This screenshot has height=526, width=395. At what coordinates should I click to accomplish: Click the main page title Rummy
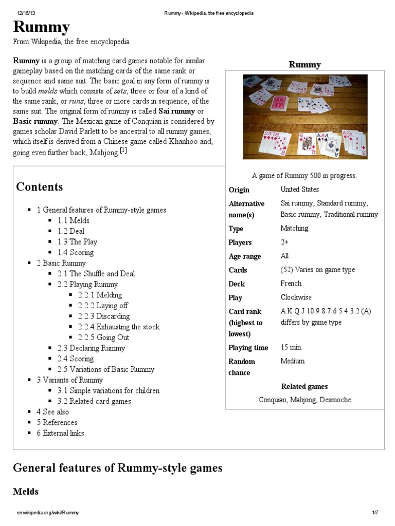[x=41, y=27]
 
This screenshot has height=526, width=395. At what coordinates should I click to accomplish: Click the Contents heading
[x=40, y=187]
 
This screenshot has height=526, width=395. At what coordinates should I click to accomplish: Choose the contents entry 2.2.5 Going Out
[x=103, y=337]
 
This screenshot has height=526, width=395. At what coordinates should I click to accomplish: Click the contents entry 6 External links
[x=60, y=433]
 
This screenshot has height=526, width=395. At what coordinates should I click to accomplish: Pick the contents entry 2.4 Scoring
[x=76, y=359]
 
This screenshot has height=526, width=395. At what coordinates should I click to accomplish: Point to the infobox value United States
[x=299, y=189]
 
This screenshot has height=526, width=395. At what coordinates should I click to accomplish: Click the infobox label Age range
[x=244, y=256]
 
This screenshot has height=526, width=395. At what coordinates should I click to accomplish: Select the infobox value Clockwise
[x=296, y=297]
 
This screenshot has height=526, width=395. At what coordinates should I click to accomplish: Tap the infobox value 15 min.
[x=292, y=347]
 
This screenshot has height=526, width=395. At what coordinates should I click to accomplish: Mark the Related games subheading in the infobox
[x=304, y=386]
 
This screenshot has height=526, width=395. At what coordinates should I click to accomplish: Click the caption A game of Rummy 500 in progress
[x=305, y=176]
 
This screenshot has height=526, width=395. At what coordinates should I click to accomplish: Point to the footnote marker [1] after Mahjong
[x=123, y=150]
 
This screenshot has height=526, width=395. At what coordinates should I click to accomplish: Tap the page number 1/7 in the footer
[x=375, y=513]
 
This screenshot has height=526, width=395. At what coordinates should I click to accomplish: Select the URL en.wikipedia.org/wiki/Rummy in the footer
[x=47, y=513]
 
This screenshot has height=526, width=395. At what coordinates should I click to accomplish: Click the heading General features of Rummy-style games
[x=117, y=468]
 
